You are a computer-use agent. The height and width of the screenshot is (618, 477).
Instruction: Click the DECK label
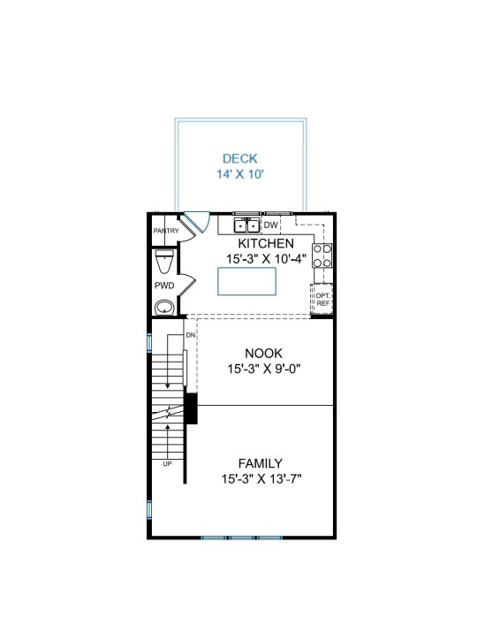240,158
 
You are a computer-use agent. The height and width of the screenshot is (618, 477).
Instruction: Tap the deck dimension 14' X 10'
240,174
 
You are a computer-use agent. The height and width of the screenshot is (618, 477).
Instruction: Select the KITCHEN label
266,243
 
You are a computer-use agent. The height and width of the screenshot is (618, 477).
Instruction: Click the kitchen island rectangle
246,281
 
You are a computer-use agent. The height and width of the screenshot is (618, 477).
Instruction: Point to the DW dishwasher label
270,225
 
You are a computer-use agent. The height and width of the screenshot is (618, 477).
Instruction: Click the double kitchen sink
246,225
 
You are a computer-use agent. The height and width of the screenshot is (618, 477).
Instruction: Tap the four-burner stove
322,256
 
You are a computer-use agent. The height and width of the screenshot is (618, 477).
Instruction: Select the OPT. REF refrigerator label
322,299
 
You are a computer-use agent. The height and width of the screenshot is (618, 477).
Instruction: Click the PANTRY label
166,231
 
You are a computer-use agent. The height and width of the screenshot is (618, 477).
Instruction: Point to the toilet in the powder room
164,261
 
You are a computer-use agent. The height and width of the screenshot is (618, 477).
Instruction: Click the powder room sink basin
164,308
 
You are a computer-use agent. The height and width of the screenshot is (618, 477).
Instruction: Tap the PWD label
164,286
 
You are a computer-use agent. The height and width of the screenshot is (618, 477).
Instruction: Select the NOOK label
263,353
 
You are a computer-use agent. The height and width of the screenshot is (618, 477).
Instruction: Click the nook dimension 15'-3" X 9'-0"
264,369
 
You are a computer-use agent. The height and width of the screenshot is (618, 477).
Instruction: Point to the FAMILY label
261,463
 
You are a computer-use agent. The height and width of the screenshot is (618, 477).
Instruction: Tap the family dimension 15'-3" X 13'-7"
261,479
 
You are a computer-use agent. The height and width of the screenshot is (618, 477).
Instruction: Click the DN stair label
191,335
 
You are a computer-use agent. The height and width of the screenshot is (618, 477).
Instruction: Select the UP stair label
168,464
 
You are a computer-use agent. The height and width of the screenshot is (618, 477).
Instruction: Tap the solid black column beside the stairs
191,408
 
